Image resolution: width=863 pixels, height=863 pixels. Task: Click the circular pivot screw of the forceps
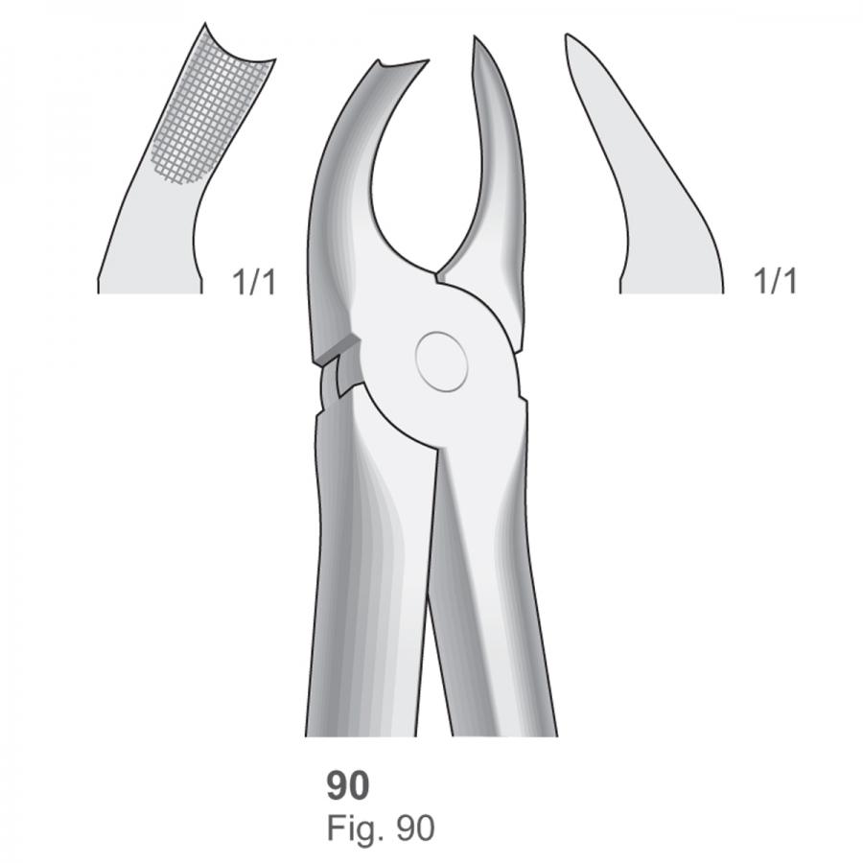[442, 362]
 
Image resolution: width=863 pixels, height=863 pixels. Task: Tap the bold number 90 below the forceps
[348, 785]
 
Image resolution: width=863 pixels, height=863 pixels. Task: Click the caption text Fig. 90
[381, 828]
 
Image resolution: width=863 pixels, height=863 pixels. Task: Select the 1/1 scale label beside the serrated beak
[253, 281]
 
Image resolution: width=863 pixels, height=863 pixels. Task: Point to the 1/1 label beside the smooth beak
[775, 281]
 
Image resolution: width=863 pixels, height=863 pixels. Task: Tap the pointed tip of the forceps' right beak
[475, 38]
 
